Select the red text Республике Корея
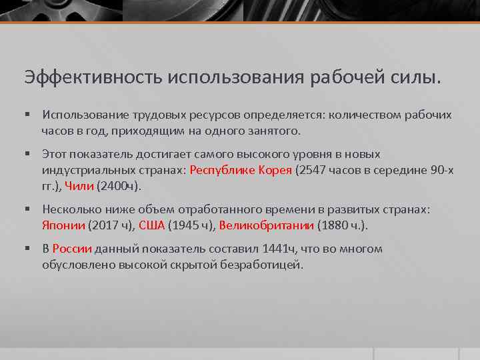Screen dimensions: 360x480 pyautogui.click(x=241, y=170)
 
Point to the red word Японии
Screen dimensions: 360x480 pyautogui.click(x=63, y=225)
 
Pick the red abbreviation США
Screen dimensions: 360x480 pyautogui.click(x=151, y=225)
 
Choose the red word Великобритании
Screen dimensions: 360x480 pyautogui.click(x=266, y=225)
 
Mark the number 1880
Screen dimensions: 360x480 pyautogui.click(x=335, y=225)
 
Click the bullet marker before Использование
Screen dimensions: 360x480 pyautogui.click(x=29, y=115)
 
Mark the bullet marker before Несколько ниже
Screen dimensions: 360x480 pyautogui.click(x=29, y=210)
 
